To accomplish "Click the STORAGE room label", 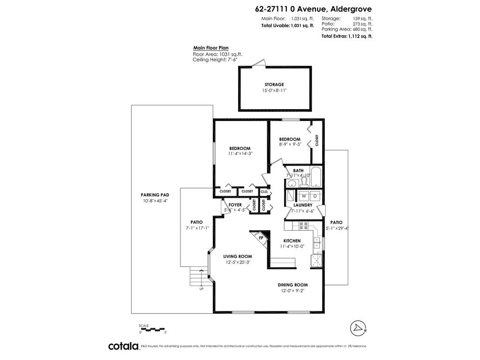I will (274, 84).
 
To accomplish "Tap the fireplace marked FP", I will (261, 238).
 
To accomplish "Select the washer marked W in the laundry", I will (304, 195).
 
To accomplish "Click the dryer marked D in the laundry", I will (315, 195).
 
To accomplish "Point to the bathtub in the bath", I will (316, 178).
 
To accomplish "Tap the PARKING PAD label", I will (155, 195).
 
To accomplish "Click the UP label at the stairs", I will (202, 289).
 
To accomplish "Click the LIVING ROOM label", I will (238, 256).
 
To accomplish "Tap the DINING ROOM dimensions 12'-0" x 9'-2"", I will (292, 291).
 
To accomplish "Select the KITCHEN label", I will (292, 240).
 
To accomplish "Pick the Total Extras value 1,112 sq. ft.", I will (360, 36).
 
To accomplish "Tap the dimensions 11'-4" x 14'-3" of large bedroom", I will (240, 154).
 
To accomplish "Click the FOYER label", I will (235, 205).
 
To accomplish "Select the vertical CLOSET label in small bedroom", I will (317, 140).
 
